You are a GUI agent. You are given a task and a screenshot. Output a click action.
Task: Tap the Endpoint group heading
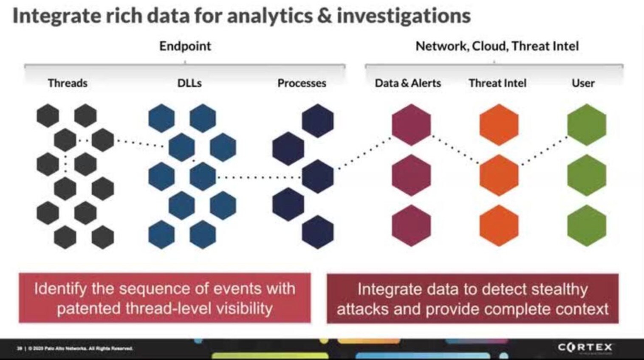[185, 46]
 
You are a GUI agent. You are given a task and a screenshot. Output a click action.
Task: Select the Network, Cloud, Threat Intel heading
[497, 46]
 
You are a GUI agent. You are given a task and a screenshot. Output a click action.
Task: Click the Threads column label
[68, 83]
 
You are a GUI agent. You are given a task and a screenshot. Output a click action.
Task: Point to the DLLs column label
[189, 83]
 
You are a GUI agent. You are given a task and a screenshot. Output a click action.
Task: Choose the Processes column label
[302, 83]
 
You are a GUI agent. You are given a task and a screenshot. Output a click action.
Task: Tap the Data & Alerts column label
[407, 83]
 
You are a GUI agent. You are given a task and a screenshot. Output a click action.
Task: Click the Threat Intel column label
[497, 83]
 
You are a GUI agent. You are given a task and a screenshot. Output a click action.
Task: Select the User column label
[583, 83]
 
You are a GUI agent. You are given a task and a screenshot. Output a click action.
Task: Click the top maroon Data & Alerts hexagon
[411, 125]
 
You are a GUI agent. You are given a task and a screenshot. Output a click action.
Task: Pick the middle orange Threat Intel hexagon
[499, 175]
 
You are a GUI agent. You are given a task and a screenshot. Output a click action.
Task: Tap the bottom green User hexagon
[586, 225]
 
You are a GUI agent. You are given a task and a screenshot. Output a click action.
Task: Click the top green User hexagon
[586, 125]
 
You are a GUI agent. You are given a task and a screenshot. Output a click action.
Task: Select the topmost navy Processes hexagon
[318, 121]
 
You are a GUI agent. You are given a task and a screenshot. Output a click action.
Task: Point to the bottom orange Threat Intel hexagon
[499, 225]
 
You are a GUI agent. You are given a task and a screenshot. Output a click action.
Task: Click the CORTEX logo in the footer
[585, 348]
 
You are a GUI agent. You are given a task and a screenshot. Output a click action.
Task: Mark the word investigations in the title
[404, 16]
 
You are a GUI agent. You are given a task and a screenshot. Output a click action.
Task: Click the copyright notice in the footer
[76, 349]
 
